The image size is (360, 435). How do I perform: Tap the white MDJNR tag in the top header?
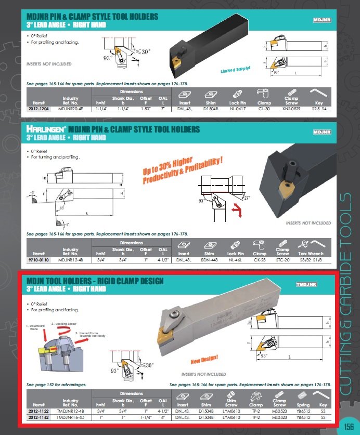[322, 20]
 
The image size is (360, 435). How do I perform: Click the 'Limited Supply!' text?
[235, 69]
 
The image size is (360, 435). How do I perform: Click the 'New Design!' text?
[204, 359]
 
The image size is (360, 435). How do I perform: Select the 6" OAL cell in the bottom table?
[163, 417]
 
